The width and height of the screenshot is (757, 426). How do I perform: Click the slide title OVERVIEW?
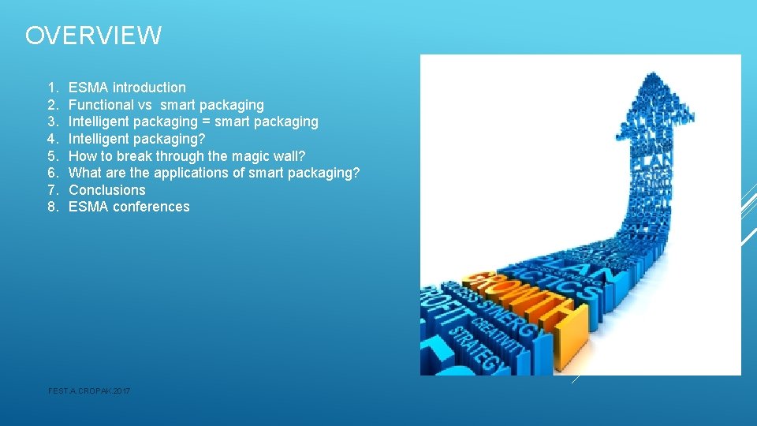coord(93,35)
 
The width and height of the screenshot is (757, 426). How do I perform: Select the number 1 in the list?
coord(51,88)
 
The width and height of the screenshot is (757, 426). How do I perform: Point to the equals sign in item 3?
coord(207,122)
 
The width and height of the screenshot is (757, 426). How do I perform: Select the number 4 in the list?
coord(51,139)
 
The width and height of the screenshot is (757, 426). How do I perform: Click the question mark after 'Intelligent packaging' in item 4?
coord(202,139)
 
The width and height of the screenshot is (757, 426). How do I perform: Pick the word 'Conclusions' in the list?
coord(107,190)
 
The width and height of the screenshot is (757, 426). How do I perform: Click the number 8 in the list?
coord(51,207)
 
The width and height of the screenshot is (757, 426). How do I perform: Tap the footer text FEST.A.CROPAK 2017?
coord(89,391)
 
